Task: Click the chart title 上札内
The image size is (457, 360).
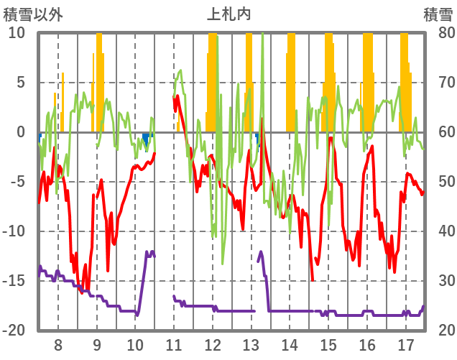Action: [228, 14]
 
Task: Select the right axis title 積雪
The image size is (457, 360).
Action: [437, 14]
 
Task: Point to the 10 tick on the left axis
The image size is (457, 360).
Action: [17, 33]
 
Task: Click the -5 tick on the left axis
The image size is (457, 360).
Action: [17, 182]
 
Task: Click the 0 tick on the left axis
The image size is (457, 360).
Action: [20, 132]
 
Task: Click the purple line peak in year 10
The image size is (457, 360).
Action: [148, 251]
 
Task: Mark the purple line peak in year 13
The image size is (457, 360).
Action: [261, 251]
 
